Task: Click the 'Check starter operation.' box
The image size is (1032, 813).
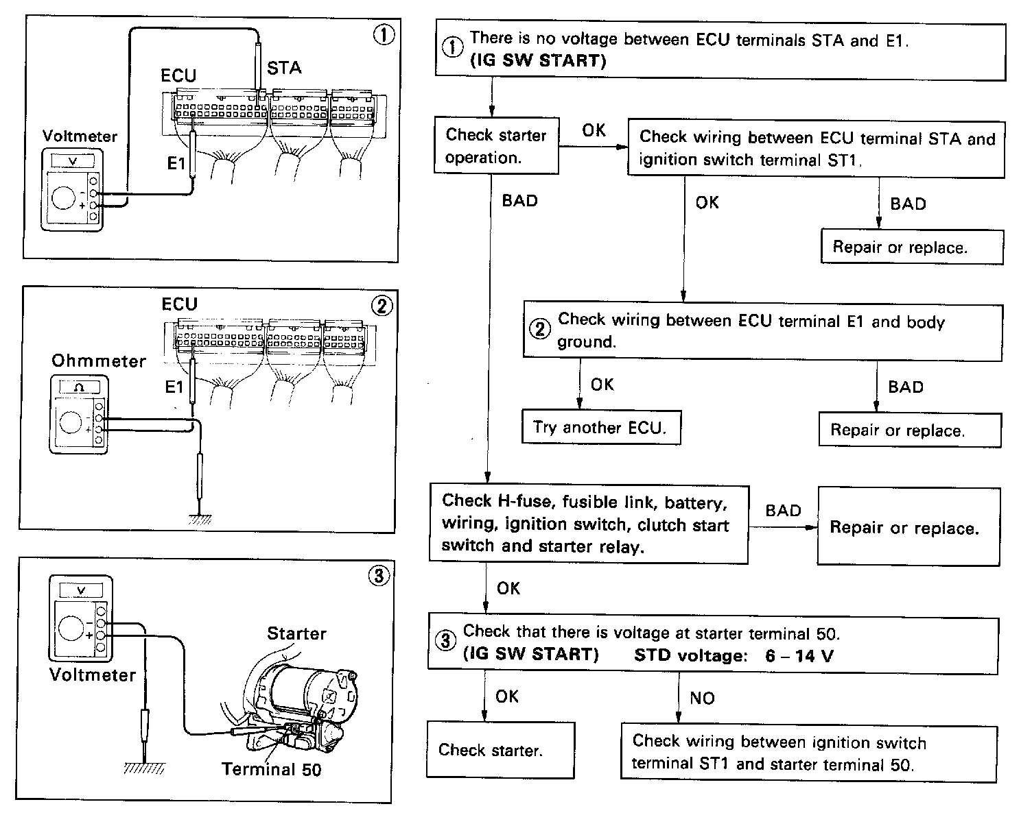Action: pyautogui.click(x=496, y=146)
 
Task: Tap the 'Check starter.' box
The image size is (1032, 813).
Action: pyautogui.click(x=500, y=749)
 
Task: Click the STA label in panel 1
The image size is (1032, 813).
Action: pyautogui.click(x=284, y=68)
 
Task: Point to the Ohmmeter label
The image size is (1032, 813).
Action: pyautogui.click(x=99, y=361)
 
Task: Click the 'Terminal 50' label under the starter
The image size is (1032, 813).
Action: pyautogui.click(x=272, y=769)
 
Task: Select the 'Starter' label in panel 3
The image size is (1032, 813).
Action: pyautogui.click(x=296, y=633)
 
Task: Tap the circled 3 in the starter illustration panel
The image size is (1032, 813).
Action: pyautogui.click(x=378, y=575)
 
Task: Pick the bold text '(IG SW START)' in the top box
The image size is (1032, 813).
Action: pyautogui.click(x=538, y=61)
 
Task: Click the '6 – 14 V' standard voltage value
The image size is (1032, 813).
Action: pyautogui.click(x=799, y=656)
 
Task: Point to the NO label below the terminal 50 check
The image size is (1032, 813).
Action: pyautogui.click(x=702, y=698)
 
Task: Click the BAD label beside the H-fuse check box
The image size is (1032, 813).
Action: pyautogui.click(x=783, y=511)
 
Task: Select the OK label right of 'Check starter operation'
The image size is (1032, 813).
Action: pyautogui.click(x=594, y=130)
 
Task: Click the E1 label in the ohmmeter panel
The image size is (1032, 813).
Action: pyautogui.click(x=175, y=387)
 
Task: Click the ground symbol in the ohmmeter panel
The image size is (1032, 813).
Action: pyautogui.click(x=200, y=519)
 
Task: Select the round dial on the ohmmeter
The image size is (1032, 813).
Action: pyautogui.click(x=71, y=421)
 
